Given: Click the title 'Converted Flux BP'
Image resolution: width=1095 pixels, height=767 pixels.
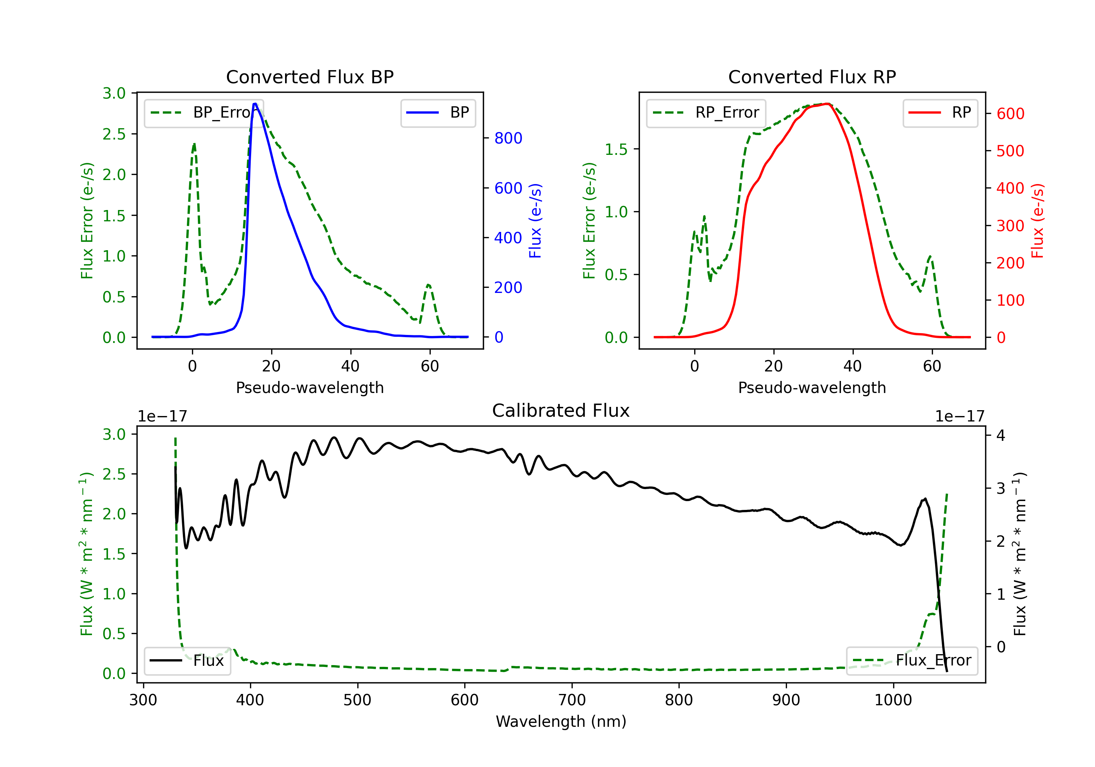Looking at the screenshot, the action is click(310, 77).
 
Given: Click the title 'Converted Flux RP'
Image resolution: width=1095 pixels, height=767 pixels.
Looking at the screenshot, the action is click(812, 77).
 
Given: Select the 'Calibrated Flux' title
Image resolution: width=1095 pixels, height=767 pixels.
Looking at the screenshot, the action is click(561, 411).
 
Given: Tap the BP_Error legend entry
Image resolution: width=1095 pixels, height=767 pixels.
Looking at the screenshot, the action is click(204, 112).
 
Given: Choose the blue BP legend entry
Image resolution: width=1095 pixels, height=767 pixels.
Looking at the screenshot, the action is click(438, 112).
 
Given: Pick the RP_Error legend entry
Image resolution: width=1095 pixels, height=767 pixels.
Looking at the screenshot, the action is click(706, 112).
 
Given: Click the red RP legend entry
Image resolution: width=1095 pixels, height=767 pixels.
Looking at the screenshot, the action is click(940, 112).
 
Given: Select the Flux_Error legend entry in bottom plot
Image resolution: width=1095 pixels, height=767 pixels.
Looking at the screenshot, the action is click(912, 661).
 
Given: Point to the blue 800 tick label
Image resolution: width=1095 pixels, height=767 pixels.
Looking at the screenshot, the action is click(508, 138).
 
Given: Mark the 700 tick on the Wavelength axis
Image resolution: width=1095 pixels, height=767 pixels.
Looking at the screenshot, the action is click(572, 700).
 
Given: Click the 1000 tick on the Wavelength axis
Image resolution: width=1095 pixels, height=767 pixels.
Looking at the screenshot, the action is click(893, 700).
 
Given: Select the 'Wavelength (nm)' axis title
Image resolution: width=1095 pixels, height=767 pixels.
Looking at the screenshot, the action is click(561, 721).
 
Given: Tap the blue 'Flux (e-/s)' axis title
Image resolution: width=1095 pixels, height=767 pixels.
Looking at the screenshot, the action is click(535, 221).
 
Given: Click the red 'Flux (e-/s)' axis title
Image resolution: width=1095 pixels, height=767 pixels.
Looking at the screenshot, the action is click(1038, 221).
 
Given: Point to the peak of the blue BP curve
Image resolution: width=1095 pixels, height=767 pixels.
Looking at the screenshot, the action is click(255, 104).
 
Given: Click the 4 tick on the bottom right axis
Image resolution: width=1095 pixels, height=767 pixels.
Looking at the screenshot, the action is click(1000, 435).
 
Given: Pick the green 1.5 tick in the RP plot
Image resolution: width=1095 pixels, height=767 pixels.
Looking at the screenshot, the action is click(616, 149).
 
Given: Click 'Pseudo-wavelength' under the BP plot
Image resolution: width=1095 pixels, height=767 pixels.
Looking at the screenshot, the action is click(310, 388).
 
